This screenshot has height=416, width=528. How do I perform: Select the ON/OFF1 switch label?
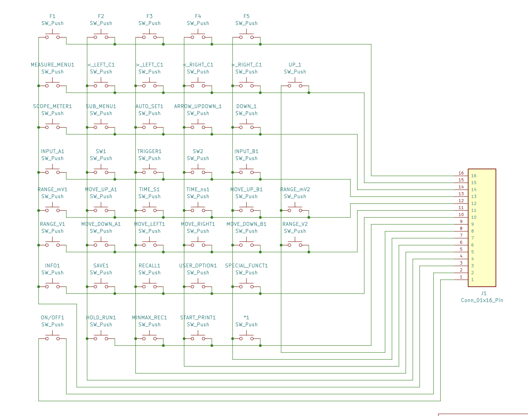[x=52, y=317]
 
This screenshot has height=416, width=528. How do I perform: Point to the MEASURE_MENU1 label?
[x=52, y=65]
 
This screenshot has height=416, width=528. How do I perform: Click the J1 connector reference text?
[x=484, y=293]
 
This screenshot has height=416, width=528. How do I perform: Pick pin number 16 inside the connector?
[x=474, y=176]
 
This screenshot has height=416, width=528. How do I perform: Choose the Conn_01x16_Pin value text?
[x=482, y=300]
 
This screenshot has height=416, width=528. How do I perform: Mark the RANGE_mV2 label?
[x=295, y=189]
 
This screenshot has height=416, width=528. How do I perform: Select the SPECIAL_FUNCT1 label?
[x=246, y=266]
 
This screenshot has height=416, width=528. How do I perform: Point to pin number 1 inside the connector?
[x=473, y=280]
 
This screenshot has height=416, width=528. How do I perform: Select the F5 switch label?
[x=246, y=16]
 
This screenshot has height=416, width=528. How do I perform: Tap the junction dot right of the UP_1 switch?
[x=309, y=93]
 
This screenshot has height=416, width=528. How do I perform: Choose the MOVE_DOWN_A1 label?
[x=101, y=224]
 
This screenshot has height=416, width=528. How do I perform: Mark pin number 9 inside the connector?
[x=473, y=224]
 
